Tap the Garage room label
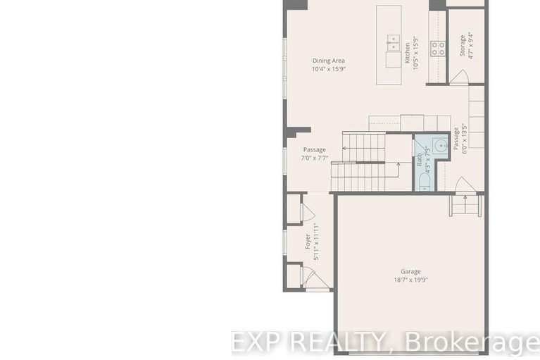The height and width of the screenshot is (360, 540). pos(410,271)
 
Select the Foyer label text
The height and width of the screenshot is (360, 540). pos(308,241)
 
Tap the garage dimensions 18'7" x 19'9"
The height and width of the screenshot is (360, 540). pos(410,280)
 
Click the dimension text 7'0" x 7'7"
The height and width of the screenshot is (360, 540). pos(314,158)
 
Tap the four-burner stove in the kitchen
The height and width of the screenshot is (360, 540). pos(438,48)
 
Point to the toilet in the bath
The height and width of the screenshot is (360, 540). pos(422,182)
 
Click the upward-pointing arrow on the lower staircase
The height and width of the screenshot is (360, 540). pos(398,166)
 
